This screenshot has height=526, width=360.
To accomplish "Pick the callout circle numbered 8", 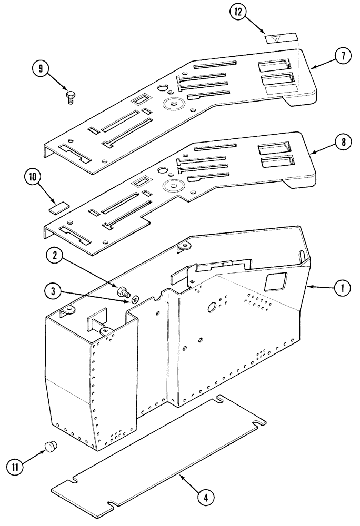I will pos(342,141).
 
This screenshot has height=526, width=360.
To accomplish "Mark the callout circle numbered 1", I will pos(342,288).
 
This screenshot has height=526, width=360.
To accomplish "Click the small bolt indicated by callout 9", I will pos(71,96).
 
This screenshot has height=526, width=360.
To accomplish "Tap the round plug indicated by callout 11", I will pos(51,447).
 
